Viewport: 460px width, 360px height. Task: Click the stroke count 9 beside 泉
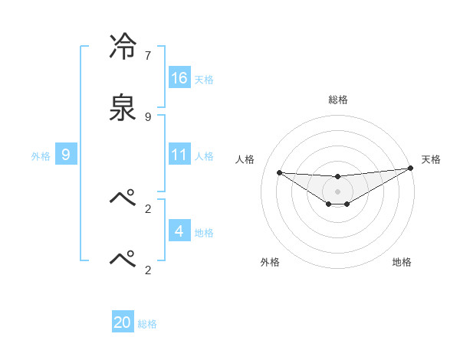tap(148, 116)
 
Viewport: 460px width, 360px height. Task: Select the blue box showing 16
tap(179, 77)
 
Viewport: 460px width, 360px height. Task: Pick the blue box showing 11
tap(179, 155)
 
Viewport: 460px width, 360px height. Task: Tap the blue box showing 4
tap(179, 231)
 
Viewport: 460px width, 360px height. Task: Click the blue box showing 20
tap(123, 322)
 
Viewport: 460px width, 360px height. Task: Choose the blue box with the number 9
tap(66, 155)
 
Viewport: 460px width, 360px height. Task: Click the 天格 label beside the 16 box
tap(204, 79)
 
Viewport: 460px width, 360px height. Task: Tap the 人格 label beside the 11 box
tap(204, 156)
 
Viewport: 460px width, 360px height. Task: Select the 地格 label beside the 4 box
tap(204, 233)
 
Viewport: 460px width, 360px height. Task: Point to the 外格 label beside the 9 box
tap(41, 156)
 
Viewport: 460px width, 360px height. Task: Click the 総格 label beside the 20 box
tap(147, 324)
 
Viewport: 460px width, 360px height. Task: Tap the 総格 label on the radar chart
tap(338, 100)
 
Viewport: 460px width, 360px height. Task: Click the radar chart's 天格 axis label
tap(432, 159)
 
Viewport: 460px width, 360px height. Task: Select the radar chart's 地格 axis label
tap(402, 262)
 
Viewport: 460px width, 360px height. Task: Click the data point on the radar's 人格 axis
tap(279, 172)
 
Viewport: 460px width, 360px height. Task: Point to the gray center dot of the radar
tap(338, 191)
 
